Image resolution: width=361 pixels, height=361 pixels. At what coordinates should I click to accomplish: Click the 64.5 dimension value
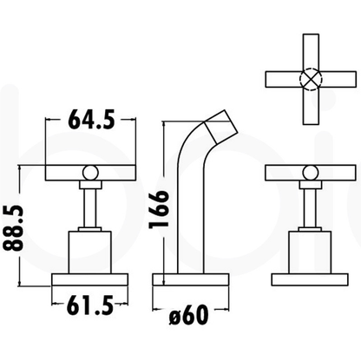click(91, 119)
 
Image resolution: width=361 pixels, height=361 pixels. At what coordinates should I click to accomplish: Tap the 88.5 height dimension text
click(13, 227)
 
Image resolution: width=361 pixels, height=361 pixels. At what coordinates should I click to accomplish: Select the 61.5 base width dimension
click(89, 305)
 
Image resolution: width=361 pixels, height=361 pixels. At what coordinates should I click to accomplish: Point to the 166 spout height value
click(159, 209)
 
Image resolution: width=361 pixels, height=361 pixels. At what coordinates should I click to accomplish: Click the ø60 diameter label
click(188, 316)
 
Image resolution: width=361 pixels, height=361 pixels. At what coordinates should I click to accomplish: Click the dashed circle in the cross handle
click(311, 79)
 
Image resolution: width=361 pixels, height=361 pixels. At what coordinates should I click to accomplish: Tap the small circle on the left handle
click(90, 173)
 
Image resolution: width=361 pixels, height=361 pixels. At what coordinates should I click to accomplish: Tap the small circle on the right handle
click(311, 173)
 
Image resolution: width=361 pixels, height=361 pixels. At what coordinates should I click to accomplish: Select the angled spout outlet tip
click(221, 126)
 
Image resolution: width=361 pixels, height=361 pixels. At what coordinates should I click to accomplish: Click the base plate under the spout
click(191, 279)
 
